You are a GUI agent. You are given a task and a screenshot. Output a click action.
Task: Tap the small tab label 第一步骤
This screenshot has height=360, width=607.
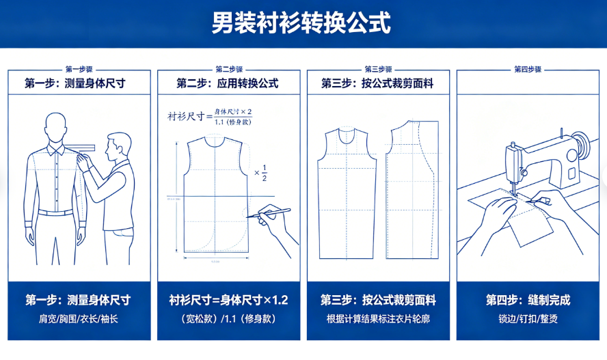[x=79, y=69]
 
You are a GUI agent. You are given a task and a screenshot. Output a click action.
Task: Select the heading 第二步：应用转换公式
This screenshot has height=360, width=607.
[x=228, y=83]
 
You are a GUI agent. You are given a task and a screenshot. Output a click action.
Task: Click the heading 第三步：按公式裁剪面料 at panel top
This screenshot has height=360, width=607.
[x=377, y=83]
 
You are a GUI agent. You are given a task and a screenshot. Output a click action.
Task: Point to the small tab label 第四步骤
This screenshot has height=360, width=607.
[x=527, y=69]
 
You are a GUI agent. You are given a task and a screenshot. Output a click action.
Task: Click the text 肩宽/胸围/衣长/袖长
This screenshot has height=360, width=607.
[x=79, y=318]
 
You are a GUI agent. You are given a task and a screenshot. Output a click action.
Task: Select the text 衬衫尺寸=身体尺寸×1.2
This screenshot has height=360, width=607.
[x=228, y=300]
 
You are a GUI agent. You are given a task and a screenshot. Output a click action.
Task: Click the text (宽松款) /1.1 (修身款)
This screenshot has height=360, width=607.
[x=228, y=318]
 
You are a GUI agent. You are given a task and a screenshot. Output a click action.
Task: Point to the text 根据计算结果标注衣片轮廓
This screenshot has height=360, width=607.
[x=378, y=318]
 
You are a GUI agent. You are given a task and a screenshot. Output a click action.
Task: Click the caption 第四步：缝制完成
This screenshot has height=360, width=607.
[x=528, y=300]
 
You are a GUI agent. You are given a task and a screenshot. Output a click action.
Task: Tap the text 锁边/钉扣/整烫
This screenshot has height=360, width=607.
[x=528, y=318]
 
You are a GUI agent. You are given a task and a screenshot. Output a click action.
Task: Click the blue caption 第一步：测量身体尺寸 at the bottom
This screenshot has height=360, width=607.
[x=79, y=300]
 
